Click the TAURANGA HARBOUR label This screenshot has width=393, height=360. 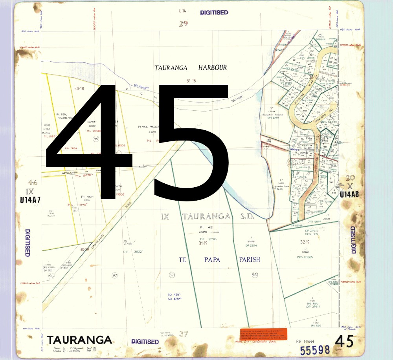tap(191, 68)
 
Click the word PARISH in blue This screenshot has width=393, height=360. tap(250, 259)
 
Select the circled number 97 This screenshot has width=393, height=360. tap(115, 276)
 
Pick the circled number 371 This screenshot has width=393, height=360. tap(172, 275)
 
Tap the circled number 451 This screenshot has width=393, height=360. tap(255, 275)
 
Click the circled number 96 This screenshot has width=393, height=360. tap(51, 276)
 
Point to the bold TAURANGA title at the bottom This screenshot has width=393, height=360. tap(79, 340)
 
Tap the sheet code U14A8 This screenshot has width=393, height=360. tap(349, 194)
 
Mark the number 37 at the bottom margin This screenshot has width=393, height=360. tap(184, 334)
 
